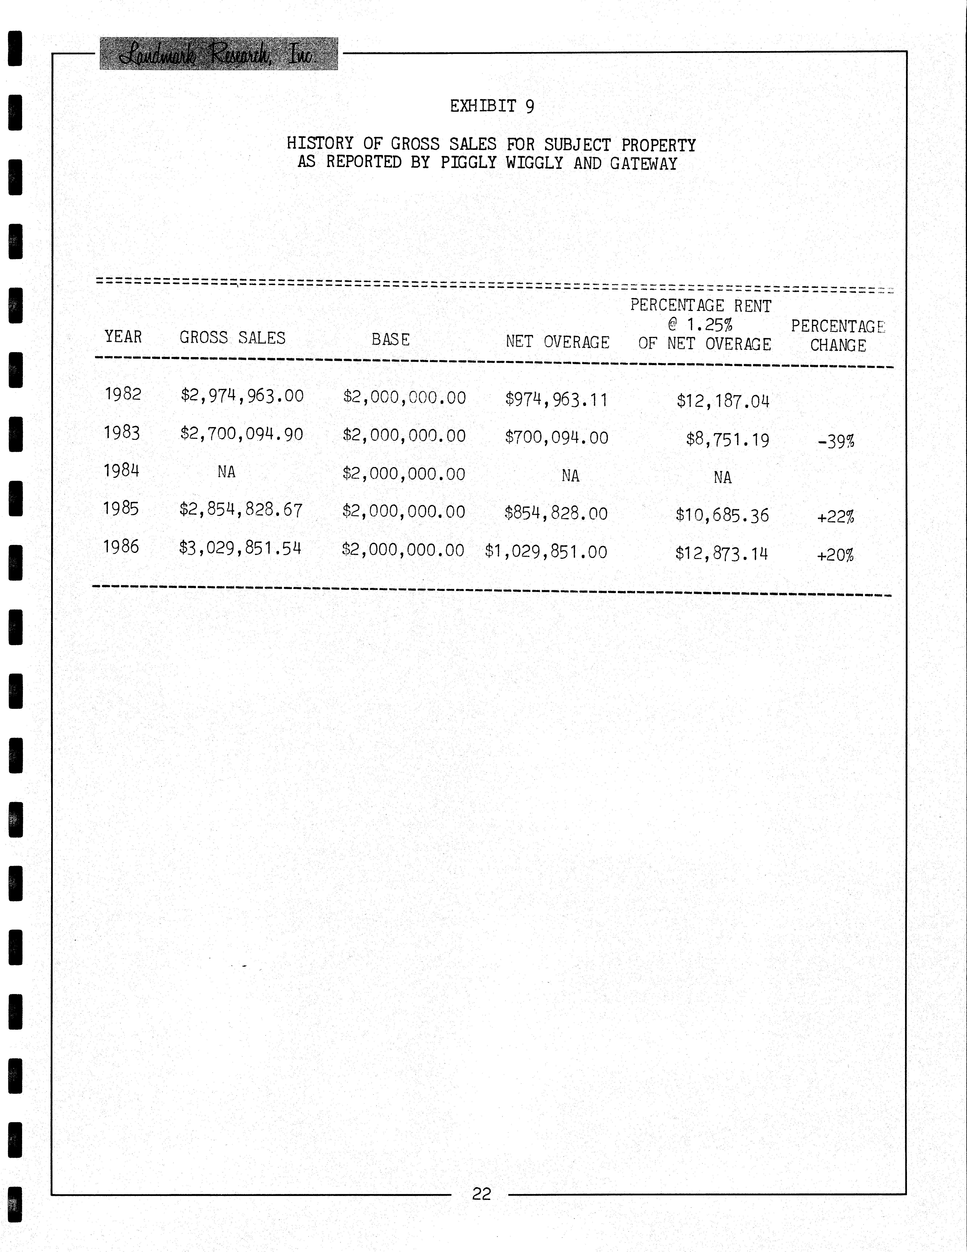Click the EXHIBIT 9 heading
pos(492,106)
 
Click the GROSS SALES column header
pos(232,338)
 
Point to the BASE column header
pos(390,339)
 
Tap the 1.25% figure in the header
pos(710,325)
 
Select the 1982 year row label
pos(123,394)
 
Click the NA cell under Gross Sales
pos(226,472)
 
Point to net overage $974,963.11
pos(556,399)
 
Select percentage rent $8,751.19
pos(727,440)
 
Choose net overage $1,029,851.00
pos(546,552)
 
